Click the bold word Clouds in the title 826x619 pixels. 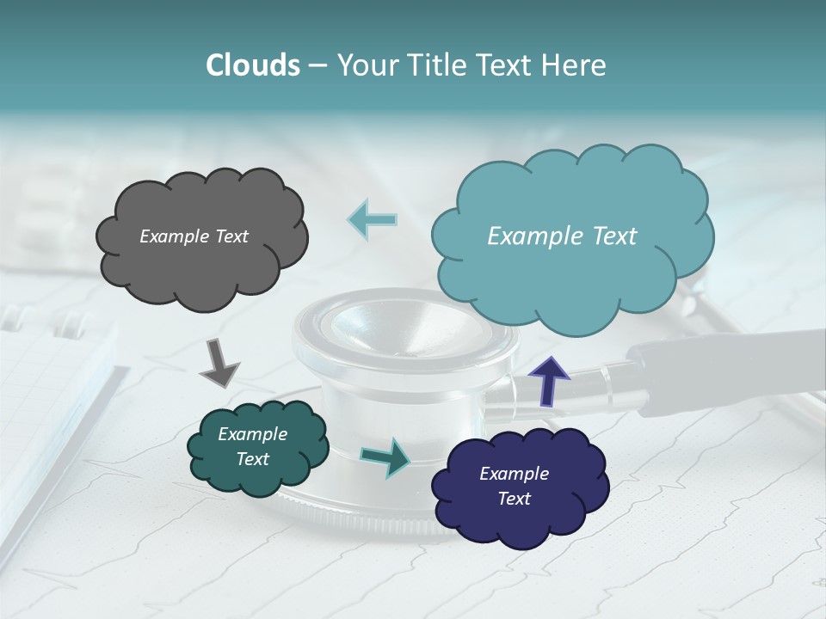(x=252, y=65)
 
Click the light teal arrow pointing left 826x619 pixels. (x=373, y=219)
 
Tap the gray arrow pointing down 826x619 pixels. (x=219, y=364)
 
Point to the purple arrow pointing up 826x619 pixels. (x=549, y=379)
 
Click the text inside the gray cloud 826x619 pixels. (x=194, y=236)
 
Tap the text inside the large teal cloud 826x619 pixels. (x=562, y=236)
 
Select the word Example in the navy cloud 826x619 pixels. (x=514, y=474)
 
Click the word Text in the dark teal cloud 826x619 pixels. (x=252, y=459)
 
